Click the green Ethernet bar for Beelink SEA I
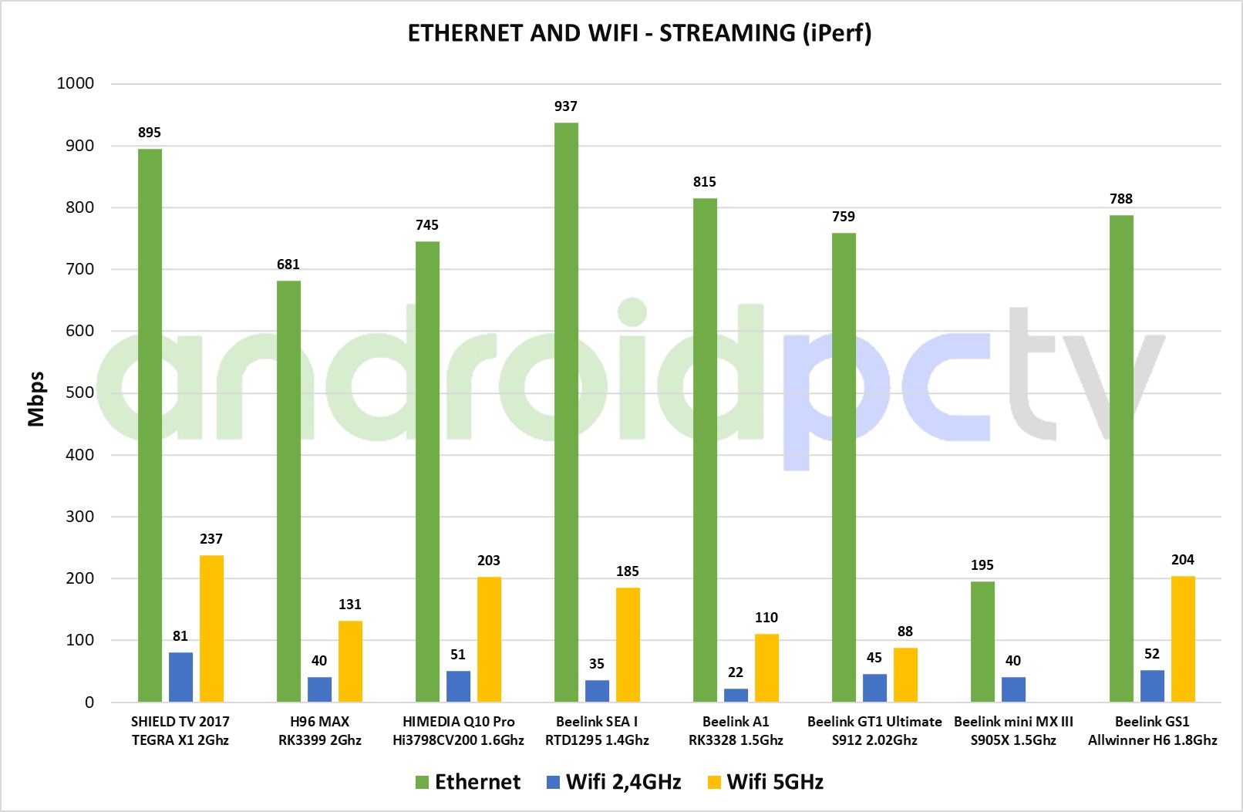tap(566, 413)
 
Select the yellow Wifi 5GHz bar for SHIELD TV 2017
tap(211, 628)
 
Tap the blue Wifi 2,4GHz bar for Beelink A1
tap(736, 695)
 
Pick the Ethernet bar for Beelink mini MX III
tap(982, 642)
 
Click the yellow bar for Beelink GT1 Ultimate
tap(905, 675)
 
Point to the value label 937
tap(566, 106)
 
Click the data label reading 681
tap(288, 264)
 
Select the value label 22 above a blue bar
tap(736, 672)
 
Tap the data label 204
tap(1183, 560)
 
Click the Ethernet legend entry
tap(468, 782)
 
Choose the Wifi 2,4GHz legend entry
tap(614, 782)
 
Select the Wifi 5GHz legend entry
tap(765, 782)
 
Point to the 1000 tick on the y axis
tap(76, 83)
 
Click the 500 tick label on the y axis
tap(80, 393)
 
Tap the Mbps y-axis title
tap(36, 399)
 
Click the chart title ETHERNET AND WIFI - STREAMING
tap(639, 33)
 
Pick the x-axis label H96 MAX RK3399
tap(319, 731)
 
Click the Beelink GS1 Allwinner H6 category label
tap(1152, 731)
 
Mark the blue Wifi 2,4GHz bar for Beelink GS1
tap(1152, 686)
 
